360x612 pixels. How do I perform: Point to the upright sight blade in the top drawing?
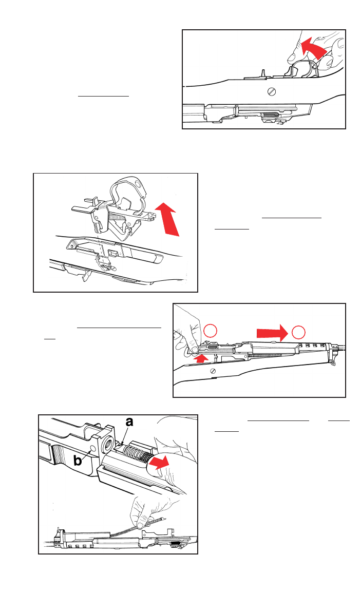(263, 74)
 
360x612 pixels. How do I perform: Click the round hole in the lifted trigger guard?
(137, 183)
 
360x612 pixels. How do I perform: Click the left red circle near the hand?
(211, 331)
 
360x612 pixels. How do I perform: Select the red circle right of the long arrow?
(298, 332)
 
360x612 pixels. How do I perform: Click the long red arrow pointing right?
(272, 333)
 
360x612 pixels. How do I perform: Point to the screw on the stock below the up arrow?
(213, 370)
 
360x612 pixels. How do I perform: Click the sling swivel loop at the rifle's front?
(333, 363)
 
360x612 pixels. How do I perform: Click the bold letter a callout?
(129, 423)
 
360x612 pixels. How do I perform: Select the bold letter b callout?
(78, 460)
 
